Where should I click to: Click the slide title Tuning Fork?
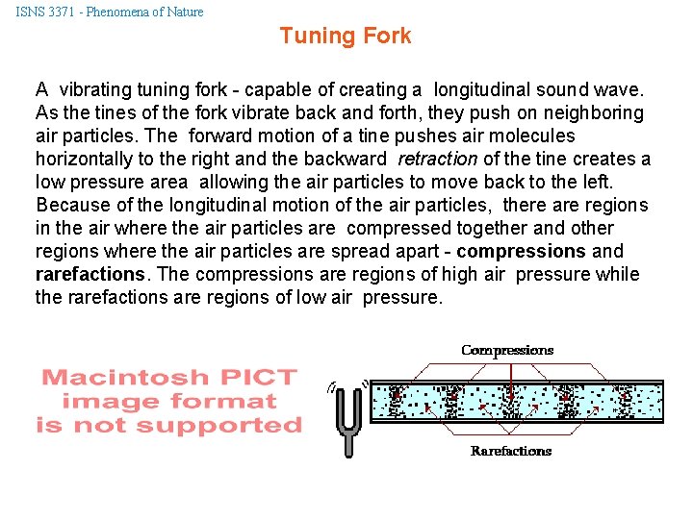pyautogui.click(x=345, y=37)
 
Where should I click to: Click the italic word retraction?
pyautogui.click(x=437, y=159)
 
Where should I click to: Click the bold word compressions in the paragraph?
pyautogui.click(x=521, y=251)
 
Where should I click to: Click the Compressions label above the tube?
pyautogui.click(x=507, y=350)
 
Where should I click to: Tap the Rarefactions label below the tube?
pyautogui.click(x=510, y=451)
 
